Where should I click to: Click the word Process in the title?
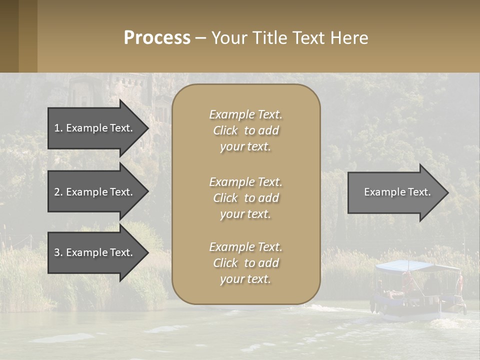(157, 38)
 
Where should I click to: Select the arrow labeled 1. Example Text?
(95, 128)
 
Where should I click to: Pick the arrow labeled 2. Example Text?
(95, 192)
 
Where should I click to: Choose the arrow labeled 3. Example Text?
(95, 252)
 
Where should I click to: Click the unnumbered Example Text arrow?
(395, 192)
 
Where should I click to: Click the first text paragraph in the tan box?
(245, 130)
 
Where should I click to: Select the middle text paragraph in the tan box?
(245, 198)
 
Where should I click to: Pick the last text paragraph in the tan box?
(245, 263)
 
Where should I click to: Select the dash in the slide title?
(200, 38)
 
